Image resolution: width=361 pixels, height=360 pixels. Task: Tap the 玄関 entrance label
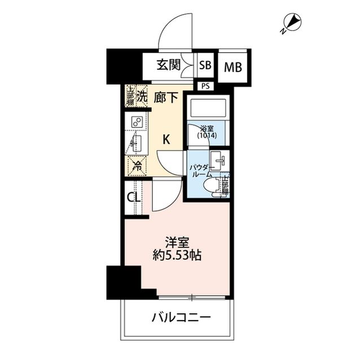[x=168, y=65]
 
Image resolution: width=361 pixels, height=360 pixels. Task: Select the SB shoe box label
[x=206, y=65]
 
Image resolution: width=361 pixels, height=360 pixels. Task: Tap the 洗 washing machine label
[x=143, y=96]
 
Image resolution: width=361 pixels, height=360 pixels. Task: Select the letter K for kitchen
[x=167, y=139]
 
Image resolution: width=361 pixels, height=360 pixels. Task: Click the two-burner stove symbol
[x=136, y=122]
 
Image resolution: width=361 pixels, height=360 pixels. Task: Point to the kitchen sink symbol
[x=136, y=144]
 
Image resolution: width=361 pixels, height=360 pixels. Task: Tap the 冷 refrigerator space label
[x=137, y=166]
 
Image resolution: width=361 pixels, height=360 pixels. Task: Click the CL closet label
[x=133, y=198]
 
